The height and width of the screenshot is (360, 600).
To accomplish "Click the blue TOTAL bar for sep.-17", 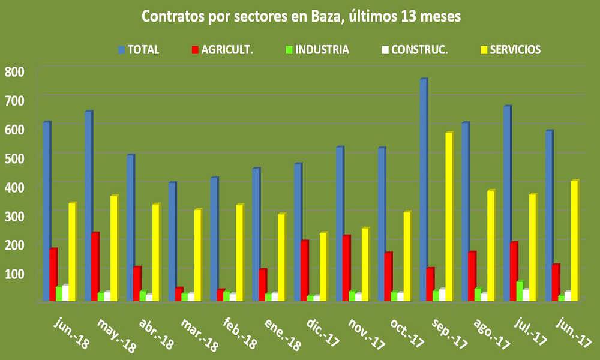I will tap(424, 190).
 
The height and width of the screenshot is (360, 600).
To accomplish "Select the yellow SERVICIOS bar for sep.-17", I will tap(449, 216).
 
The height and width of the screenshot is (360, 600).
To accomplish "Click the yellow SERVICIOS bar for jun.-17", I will tap(574, 240).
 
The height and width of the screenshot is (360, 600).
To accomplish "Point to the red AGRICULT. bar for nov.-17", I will tap(346, 268).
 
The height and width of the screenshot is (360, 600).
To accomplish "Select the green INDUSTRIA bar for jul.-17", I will tap(520, 290).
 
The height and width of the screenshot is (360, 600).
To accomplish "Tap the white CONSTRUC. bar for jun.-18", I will tap(65, 293).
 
